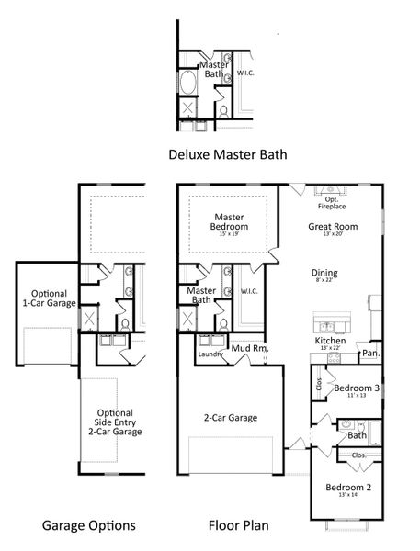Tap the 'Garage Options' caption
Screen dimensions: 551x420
coord(89,526)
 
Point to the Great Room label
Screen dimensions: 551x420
coord(333,226)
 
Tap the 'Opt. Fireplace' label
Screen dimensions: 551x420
coord(332,202)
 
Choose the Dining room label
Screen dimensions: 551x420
coord(324,273)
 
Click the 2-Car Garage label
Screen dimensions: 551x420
coord(230,418)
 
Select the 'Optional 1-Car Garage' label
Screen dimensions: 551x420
coord(49,297)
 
